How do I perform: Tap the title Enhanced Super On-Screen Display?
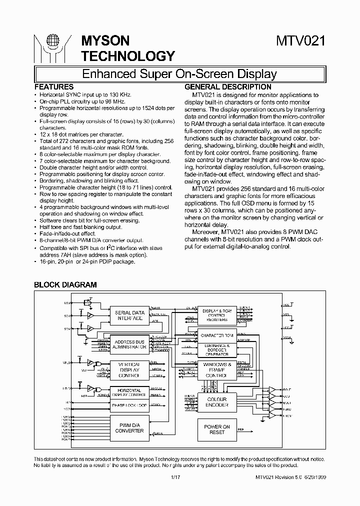click(x=179, y=74)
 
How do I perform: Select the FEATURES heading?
click(x=53, y=86)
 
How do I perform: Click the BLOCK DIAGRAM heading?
click(x=65, y=284)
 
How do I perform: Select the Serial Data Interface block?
click(x=129, y=315)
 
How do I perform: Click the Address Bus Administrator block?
click(x=129, y=344)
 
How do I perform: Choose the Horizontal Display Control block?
click(x=129, y=392)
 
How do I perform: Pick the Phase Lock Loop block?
click(x=129, y=405)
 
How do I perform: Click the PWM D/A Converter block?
click(x=129, y=427)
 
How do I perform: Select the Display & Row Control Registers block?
click(x=217, y=315)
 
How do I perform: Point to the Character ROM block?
click(x=217, y=335)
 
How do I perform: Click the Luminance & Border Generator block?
click(x=217, y=349)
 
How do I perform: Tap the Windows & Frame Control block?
click(x=217, y=370)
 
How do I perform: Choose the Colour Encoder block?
click(x=217, y=402)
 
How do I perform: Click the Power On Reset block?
click(x=217, y=429)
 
